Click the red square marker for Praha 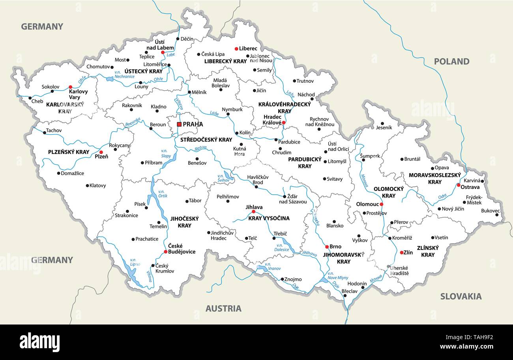pyautogui.click(x=179, y=124)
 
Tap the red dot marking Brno pyautogui.click(x=327, y=247)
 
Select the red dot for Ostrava pyautogui.click(x=458, y=185)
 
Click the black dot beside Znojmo pyautogui.click(x=282, y=279)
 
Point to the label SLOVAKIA pyautogui.click(x=461, y=297)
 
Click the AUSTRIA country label pyautogui.click(x=223, y=308)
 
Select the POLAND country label pyautogui.click(x=451, y=62)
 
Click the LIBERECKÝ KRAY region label pyautogui.click(x=225, y=62)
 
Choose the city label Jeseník pyautogui.click(x=384, y=128)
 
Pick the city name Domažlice pyautogui.click(x=73, y=173)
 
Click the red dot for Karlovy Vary pyautogui.click(x=70, y=87)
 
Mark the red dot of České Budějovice pyautogui.click(x=166, y=252)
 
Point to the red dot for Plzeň pyautogui.click(x=101, y=152)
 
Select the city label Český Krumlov pyautogui.click(x=165, y=268)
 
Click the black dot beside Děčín pyautogui.click(x=178, y=39)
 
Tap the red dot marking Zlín pyautogui.click(x=402, y=252)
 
